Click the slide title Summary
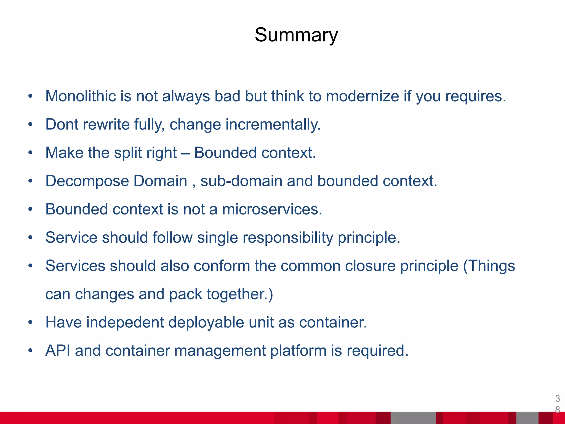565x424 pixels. point(296,35)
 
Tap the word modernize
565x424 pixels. point(363,96)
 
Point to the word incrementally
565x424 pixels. point(273,124)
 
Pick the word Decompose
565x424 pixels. point(87,181)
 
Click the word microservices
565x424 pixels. point(272,210)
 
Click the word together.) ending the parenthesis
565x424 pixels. point(240,294)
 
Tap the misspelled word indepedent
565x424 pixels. point(125,322)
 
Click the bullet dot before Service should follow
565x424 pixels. point(30,238)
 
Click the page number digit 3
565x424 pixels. point(557,398)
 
